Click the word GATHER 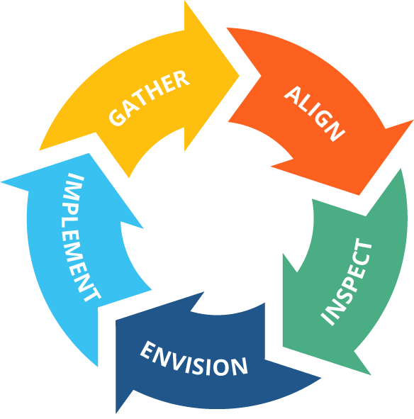(x=149, y=98)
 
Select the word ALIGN (x=315, y=113)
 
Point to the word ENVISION (x=194, y=359)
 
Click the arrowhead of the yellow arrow (x=211, y=76)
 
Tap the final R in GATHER (x=181, y=79)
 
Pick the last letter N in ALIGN (x=335, y=131)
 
